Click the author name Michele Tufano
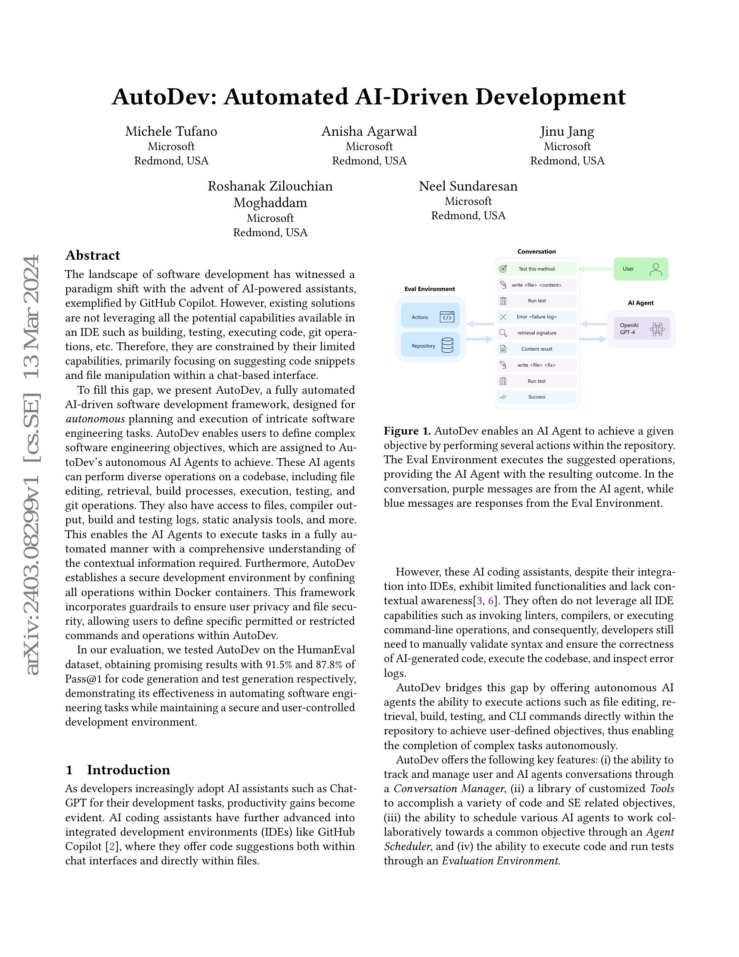pyautogui.click(x=171, y=131)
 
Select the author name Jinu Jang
pyautogui.click(x=567, y=131)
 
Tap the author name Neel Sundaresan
pyautogui.click(x=468, y=186)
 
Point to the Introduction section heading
pyautogui.click(x=128, y=770)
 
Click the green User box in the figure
pyautogui.click(x=640, y=268)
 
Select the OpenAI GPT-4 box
pyautogui.click(x=641, y=328)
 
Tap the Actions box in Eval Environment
pyautogui.click(x=430, y=317)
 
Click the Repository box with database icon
pyautogui.click(x=430, y=345)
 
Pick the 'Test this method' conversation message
pyautogui.click(x=536, y=268)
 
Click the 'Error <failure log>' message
pyautogui.click(x=536, y=317)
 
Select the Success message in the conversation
pyautogui.click(x=536, y=397)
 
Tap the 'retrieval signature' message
pyautogui.click(x=536, y=333)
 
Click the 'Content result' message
pyautogui.click(x=536, y=349)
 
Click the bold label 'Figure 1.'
pyautogui.click(x=407, y=431)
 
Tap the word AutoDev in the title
pyautogui.click(x=164, y=97)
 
